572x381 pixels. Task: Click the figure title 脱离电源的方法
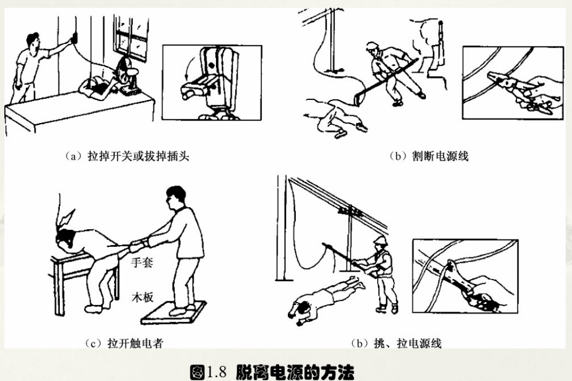point(295,372)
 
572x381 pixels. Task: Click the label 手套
point(142,262)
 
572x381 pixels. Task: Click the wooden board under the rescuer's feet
point(174,312)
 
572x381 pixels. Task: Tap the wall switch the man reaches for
point(75,38)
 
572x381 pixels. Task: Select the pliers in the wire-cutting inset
point(518,89)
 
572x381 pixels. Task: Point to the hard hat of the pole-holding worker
point(380,240)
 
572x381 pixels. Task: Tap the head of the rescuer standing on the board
point(176,197)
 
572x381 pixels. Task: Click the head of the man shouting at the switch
point(33,42)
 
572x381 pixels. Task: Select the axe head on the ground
point(360,98)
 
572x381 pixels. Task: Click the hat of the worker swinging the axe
point(372,46)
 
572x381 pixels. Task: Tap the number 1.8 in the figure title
point(217,372)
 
